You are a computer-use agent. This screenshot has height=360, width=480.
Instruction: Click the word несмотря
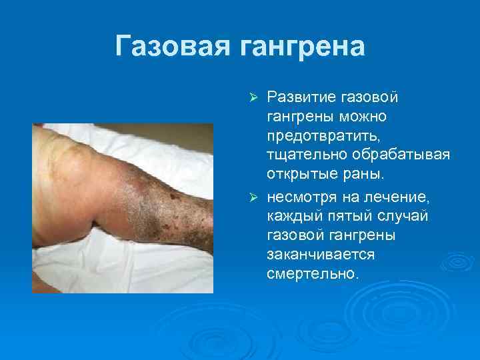299,197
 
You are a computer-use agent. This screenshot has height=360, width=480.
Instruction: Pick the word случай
407,217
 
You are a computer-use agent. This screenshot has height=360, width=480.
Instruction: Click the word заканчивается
321,255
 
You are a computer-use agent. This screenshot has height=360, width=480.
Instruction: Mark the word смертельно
314,275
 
